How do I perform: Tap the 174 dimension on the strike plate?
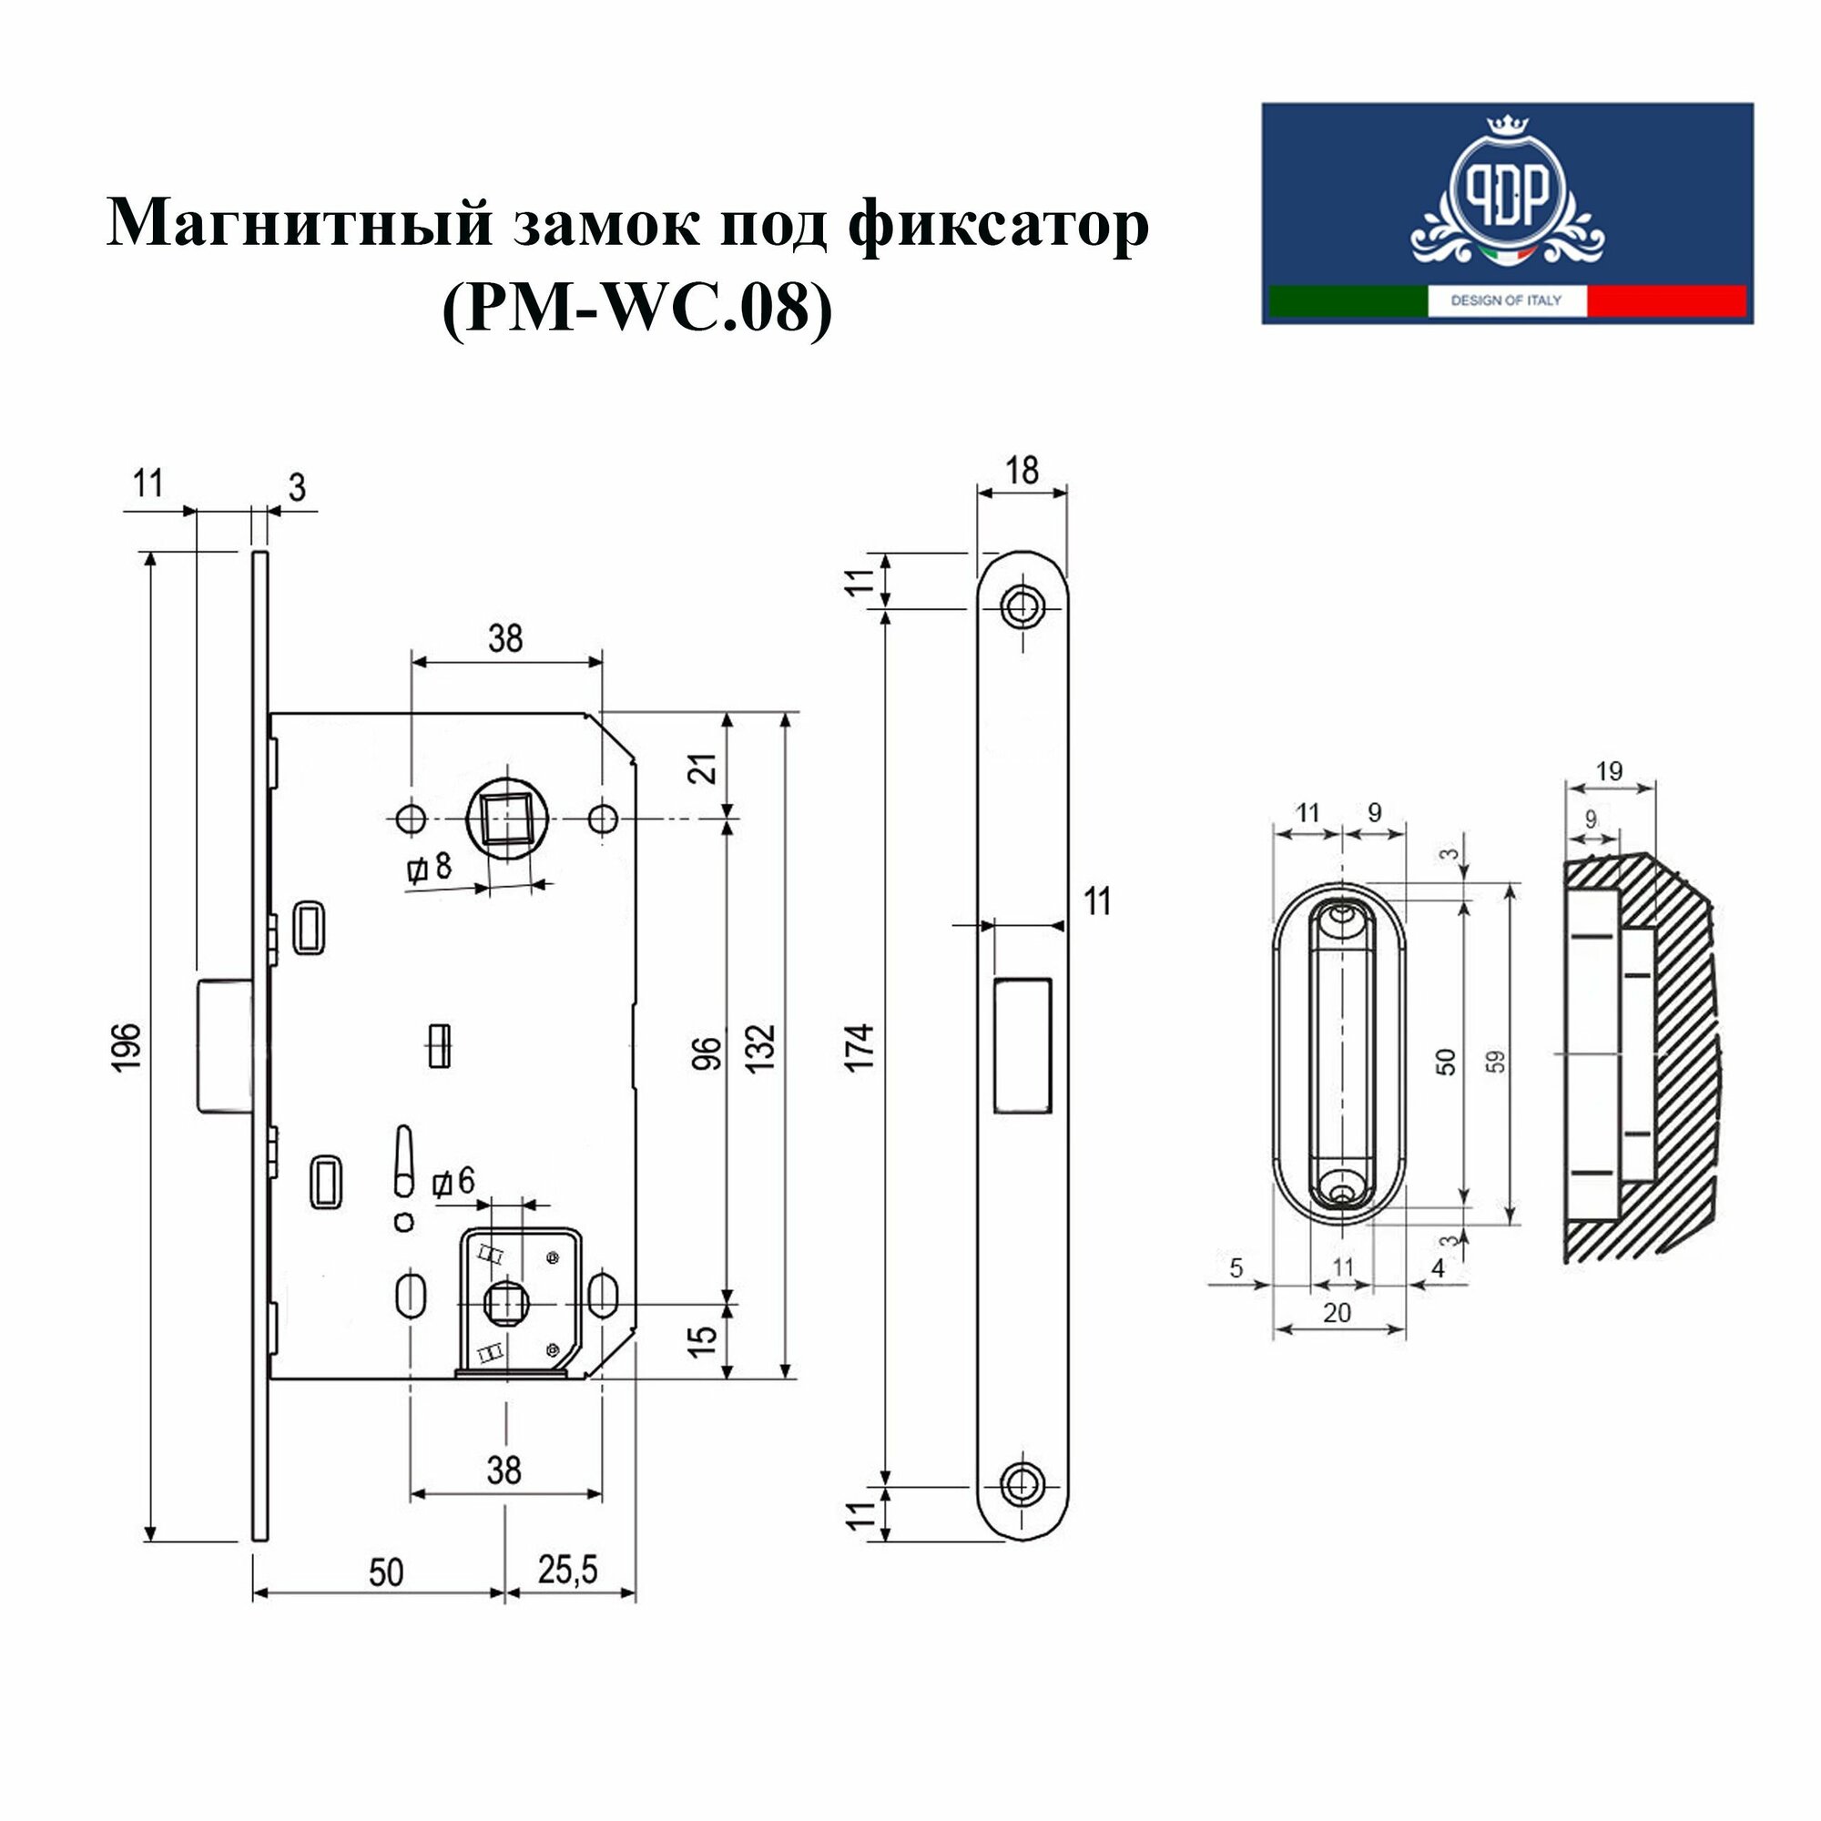click(x=860, y=1046)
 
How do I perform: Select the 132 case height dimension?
click(x=761, y=1046)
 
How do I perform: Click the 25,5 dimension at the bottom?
click(x=568, y=1571)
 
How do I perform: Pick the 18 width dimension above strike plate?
click(x=1022, y=470)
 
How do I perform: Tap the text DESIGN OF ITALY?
click(x=1506, y=300)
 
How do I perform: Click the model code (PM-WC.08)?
click(x=637, y=310)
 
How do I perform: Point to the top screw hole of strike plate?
click(x=1022, y=606)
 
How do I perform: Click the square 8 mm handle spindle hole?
click(x=506, y=819)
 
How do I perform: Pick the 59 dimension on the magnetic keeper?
click(x=1497, y=1062)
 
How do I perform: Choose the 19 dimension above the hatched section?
click(x=1609, y=771)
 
